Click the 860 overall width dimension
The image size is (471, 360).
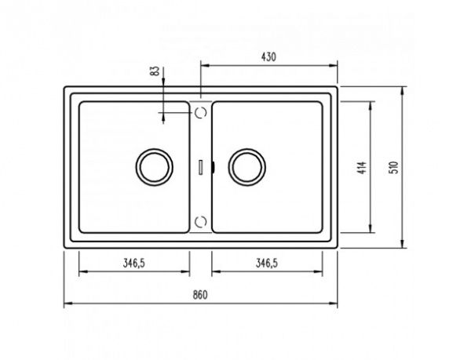(200, 295)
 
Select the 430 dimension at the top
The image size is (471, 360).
(268, 57)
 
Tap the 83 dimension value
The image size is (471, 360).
(155, 71)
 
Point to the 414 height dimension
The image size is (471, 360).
(363, 168)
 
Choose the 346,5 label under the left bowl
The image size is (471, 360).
(134, 263)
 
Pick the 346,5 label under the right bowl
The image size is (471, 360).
(267, 263)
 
